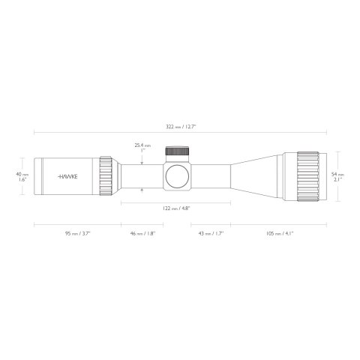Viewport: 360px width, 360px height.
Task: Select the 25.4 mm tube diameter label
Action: pos(142,148)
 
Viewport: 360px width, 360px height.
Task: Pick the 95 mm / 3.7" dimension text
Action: pos(77,233)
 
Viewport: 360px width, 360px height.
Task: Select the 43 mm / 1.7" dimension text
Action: pos(210,233)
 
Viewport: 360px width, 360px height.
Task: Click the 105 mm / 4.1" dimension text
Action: pos(278,233)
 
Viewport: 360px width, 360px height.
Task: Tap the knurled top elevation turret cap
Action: pos(177,151)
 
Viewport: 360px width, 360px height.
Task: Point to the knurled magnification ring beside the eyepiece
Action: pos(106,177)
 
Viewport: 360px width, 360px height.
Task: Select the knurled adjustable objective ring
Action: pos(308,177)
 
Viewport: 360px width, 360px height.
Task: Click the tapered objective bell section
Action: pos(255,177)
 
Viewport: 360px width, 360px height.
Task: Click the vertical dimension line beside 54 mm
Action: pos(327,177)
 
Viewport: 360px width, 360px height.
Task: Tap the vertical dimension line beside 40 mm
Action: pos(33,177)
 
